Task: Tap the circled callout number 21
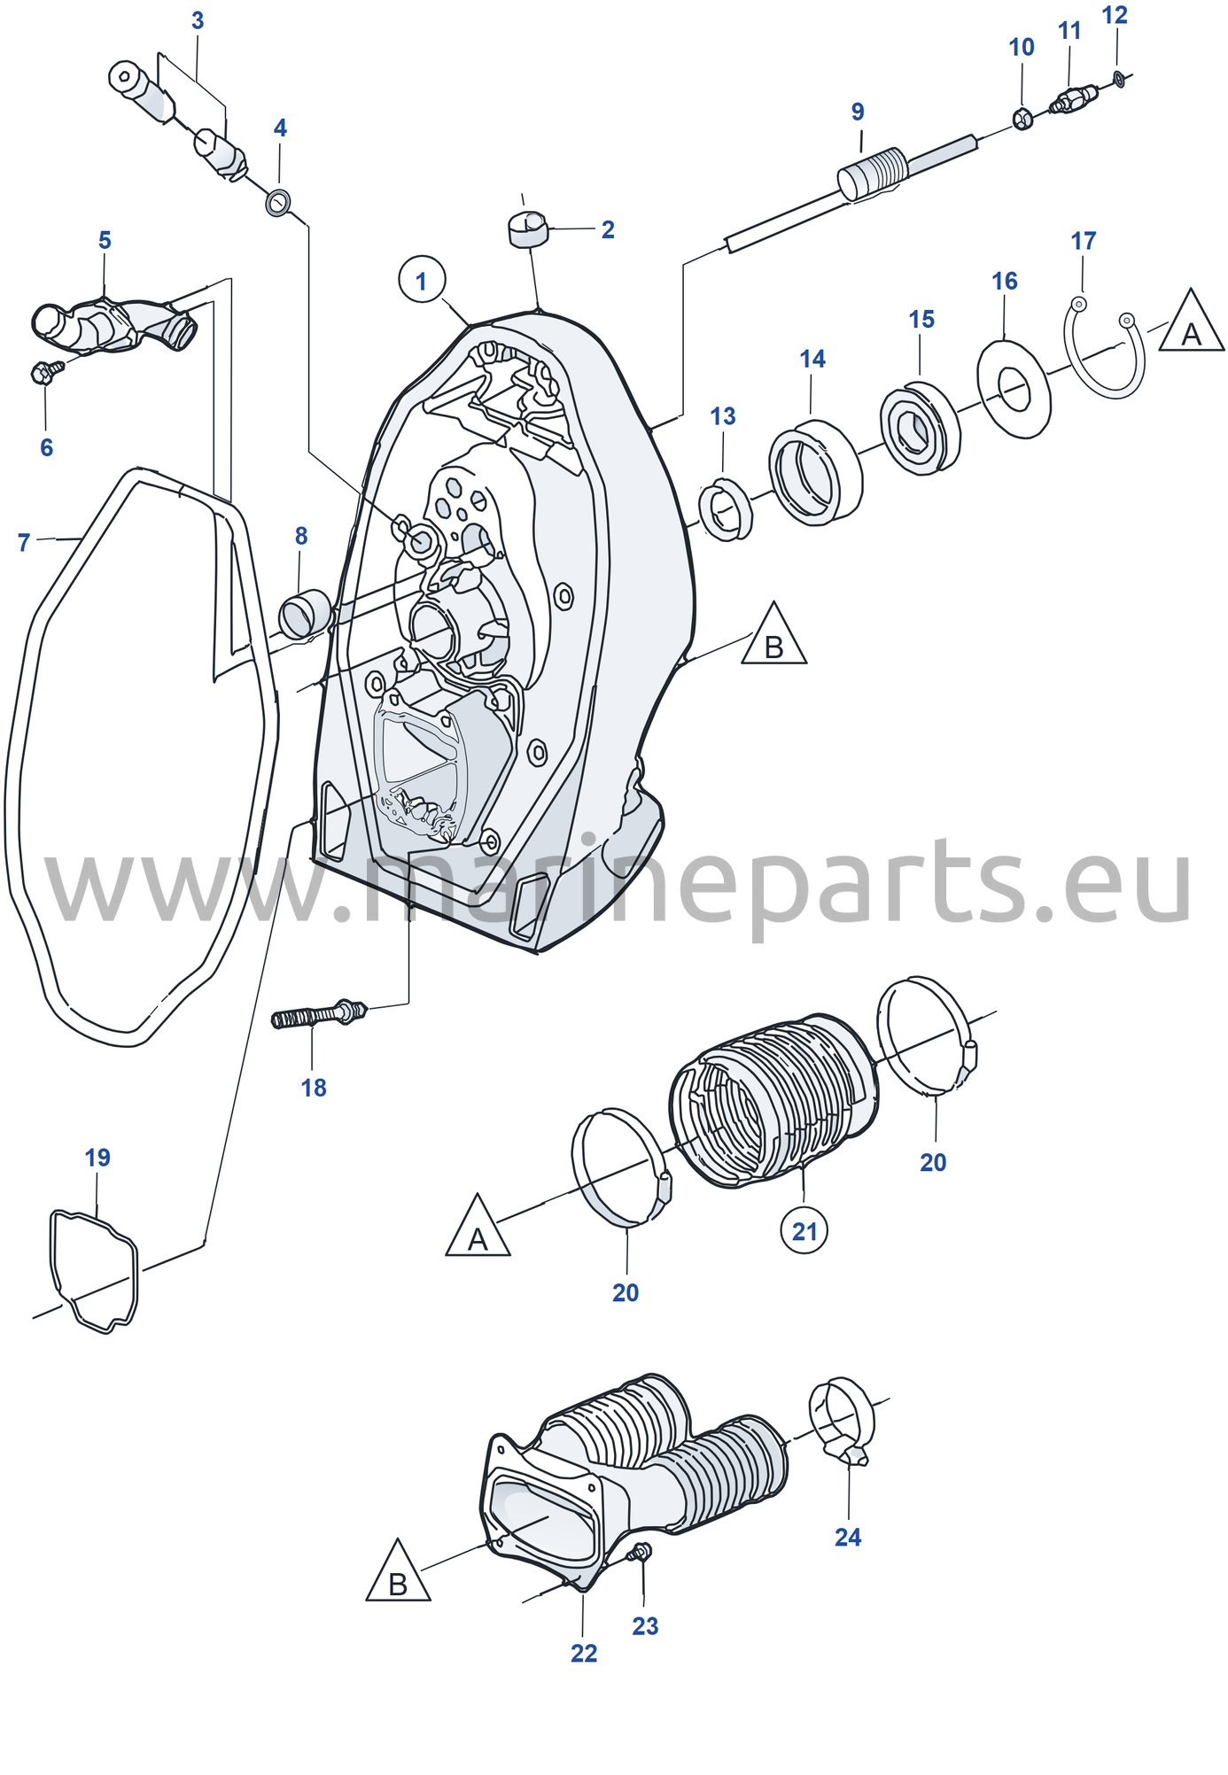coord(804,1230)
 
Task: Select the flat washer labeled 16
coord(1014,388)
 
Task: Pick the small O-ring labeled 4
coord(278,202)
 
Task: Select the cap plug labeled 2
coord(528,228)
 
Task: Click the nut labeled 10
coord(1022,117)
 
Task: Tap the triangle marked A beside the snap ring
coord(1191,321)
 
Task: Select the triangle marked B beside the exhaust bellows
coord(399,1570)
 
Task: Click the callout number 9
coord(858,112)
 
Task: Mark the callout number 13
coord(723,416)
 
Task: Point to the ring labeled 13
coord(726,509)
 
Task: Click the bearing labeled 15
coord(920,429)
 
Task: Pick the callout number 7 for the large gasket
coord(24,543)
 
